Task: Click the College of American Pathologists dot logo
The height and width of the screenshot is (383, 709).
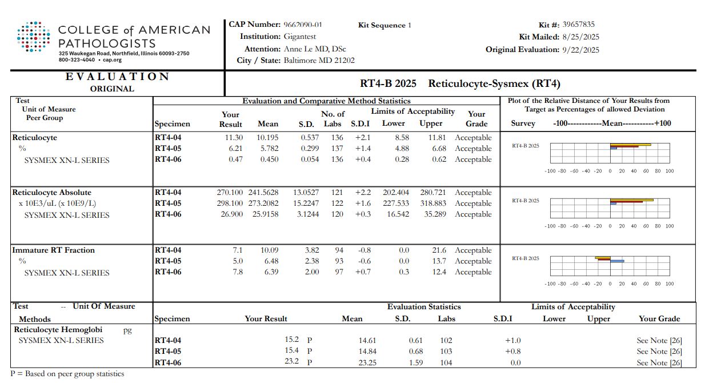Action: [34, 37]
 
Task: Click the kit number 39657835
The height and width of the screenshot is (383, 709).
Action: [578, 25]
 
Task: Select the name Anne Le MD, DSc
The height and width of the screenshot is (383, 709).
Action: [315, 49]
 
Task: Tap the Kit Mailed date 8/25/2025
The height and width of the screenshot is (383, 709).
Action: [581, 37]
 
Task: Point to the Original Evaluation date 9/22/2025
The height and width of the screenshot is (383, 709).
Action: [581, 50]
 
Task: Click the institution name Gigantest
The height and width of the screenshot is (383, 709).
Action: [300, 37]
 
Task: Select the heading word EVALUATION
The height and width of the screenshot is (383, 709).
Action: [117, 77]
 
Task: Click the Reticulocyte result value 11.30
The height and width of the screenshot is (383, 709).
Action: [234, 138]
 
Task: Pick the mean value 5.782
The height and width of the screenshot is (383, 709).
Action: [268, 149]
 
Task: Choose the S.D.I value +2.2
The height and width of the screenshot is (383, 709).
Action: [363, 193]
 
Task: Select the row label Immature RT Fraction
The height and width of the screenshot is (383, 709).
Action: [54, 250]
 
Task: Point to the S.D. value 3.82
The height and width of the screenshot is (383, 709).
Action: [311, 250]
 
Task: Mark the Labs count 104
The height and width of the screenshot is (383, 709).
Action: [446, 362]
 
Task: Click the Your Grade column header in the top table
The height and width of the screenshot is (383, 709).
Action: [476, 118]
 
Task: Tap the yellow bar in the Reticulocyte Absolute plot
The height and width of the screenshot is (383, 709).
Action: [631, 200]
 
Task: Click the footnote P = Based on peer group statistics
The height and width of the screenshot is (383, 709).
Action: [67, 374]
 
